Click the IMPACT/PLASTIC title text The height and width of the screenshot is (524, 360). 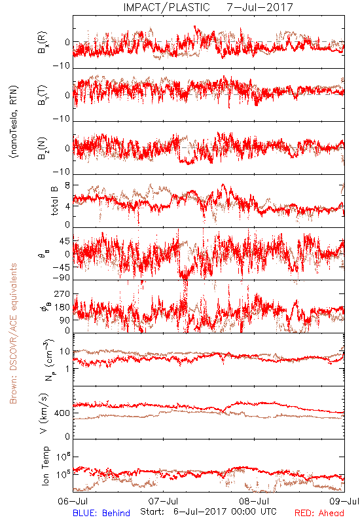[x=167, y=7]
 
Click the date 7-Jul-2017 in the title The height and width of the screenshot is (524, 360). [x=260, y=7]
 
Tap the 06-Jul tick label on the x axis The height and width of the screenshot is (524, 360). [x=73, y=501]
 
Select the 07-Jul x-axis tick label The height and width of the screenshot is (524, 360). [x=163, y=501]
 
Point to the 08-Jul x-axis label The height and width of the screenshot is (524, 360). [x=254, y=501]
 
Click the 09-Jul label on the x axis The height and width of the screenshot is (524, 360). [x=344, y=501]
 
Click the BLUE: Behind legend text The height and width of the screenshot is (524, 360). [x=101, y=513]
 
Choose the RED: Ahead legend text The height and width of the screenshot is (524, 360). [x=319, y=513]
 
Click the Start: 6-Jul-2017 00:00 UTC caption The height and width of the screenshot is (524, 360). [x=208, y=512]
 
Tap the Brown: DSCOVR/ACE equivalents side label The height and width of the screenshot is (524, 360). [x=13, y=333]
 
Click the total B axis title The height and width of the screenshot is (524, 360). [x=54, y=201]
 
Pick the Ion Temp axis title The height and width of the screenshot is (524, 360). [x=45, y=466]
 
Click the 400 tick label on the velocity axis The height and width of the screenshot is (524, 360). [x=63, y=413]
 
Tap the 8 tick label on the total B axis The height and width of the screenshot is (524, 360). [x=68, y=185]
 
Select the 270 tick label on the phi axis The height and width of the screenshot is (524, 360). [x=62, y=293]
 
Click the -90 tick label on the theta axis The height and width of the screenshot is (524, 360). [x=62, y=278]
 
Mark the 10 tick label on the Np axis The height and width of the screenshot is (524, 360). [x=65, y=352]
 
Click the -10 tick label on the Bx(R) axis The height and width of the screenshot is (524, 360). [x=62, y=65]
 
